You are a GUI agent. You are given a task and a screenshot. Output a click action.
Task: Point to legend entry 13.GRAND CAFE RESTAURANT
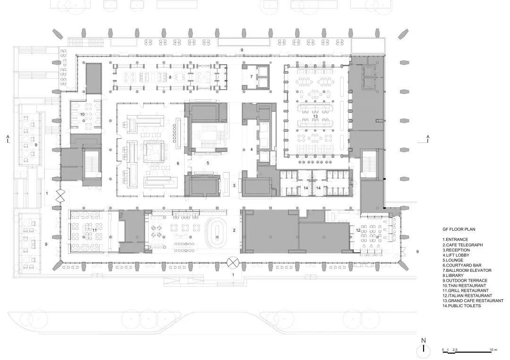473,301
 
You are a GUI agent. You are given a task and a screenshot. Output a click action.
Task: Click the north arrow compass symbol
424,350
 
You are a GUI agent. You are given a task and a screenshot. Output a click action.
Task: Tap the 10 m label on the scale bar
493,350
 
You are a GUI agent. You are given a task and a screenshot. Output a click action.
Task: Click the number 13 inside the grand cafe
315,117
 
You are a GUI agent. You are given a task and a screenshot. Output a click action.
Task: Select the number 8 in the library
170,77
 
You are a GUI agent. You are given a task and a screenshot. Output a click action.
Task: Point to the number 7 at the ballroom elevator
251,77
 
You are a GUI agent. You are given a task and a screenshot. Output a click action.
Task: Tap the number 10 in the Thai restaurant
82,114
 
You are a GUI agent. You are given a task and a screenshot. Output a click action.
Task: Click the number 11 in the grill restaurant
94,230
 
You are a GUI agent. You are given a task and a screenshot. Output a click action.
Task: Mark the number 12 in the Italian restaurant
358,230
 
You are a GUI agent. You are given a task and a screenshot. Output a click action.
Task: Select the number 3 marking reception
234,186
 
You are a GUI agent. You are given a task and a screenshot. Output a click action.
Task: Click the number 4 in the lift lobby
251,150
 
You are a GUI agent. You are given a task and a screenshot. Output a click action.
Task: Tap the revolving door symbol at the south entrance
233,262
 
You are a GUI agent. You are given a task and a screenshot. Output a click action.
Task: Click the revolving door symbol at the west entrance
60,196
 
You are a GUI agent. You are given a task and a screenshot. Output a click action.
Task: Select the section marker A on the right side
428,138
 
